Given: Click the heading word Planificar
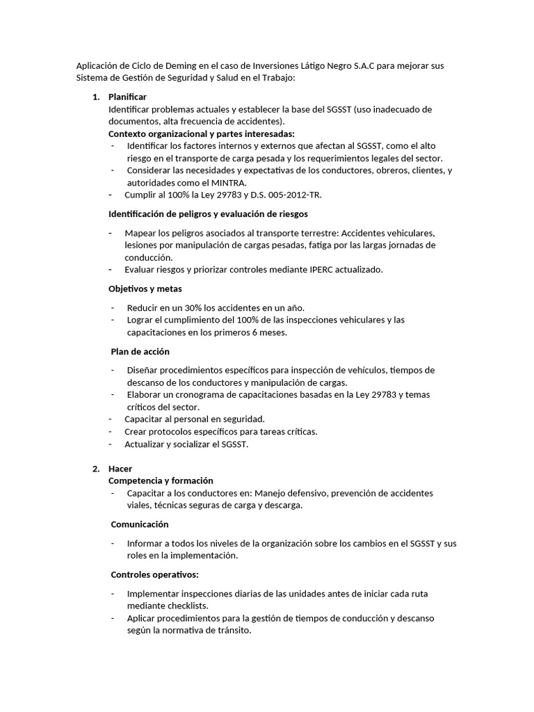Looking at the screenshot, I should click(127, 97).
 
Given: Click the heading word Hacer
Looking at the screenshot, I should click(120, 469).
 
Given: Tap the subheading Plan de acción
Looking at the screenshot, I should click(140, 351).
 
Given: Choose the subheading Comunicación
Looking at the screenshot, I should click(139, 524).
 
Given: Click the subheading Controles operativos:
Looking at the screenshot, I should click(155, 574).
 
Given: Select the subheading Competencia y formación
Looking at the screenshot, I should click(161, 480).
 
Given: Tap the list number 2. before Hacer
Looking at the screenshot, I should click(96, 469).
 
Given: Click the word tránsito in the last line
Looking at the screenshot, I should click(232, 631).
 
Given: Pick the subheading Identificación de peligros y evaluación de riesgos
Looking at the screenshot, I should click(209, 213).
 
